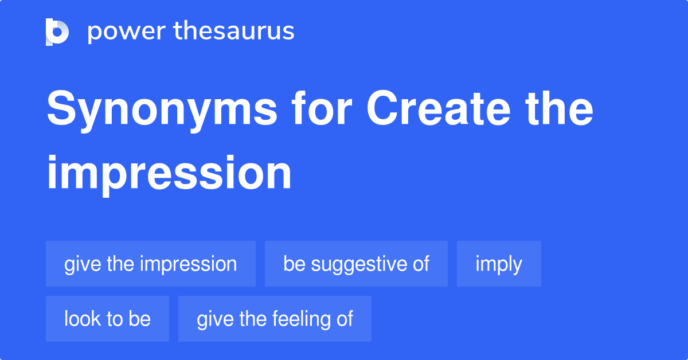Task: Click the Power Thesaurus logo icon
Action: tap(57, 32)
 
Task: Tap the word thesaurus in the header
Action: tap(234, 31)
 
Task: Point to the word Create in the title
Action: tap(438, 108)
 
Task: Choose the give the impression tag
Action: tap(151, 264)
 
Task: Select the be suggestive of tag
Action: tap(356, 264)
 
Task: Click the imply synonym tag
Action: tap(499, 264)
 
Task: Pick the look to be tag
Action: tap(108, 319)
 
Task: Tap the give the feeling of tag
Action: tap(275, 319)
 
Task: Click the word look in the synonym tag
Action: tap(83, 319)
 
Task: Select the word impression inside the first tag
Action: tap(188, 265)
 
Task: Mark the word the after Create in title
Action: tap(559, 108)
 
